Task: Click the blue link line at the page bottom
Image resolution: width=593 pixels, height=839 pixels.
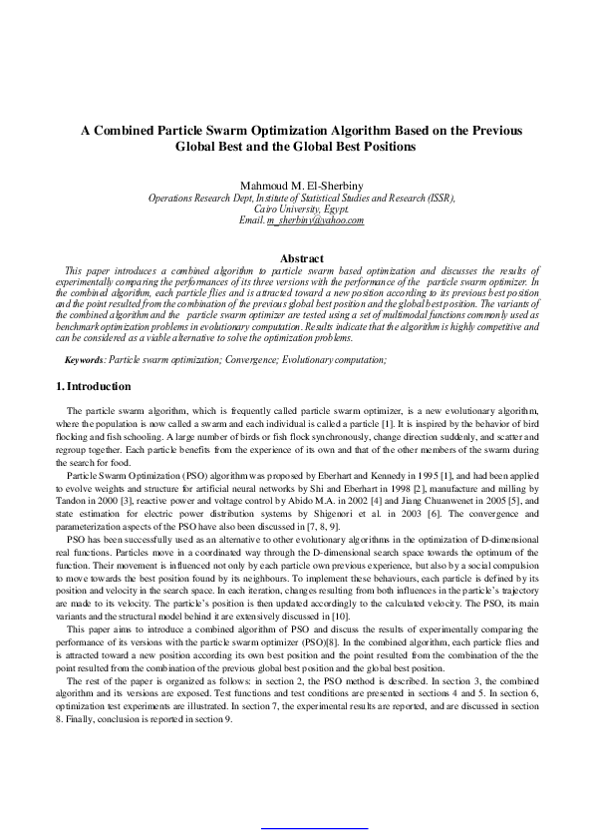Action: (x=313, y=827)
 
